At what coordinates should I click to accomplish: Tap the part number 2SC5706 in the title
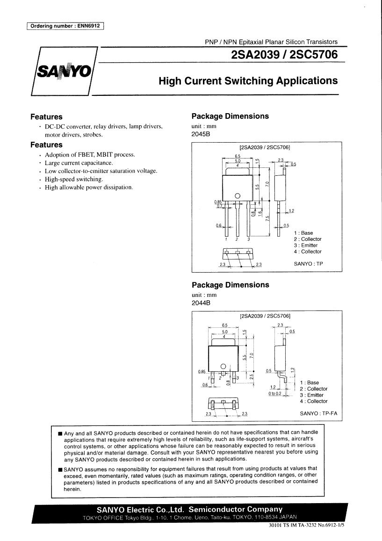314,55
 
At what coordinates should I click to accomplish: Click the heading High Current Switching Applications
248,81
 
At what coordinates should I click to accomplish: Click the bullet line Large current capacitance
79,163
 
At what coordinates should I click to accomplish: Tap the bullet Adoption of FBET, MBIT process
90,154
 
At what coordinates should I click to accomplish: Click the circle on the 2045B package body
237,196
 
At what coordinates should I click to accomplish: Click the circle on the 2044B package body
223,366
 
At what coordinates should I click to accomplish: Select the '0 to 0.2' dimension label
275,393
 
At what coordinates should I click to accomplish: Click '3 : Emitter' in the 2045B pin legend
306,245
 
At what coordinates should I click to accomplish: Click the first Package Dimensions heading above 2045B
230,116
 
